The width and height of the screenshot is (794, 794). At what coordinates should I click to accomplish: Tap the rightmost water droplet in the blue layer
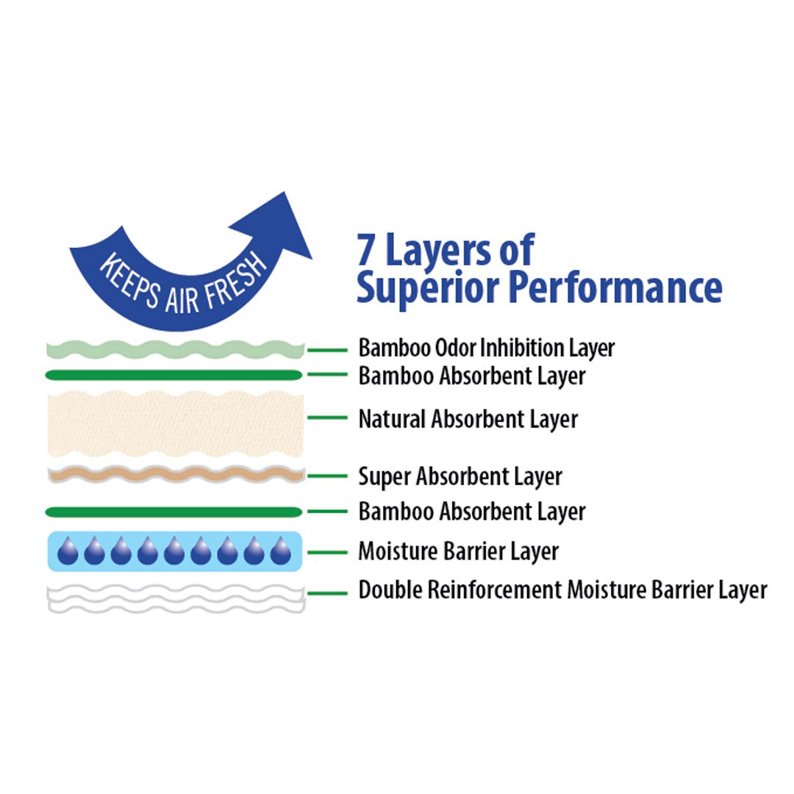click(x=280, y=551)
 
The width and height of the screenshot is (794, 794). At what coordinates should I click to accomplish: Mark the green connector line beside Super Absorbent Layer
click(x=327, y=476)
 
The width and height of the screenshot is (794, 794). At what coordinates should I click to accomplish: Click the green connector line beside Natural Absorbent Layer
click(x=327, y=418)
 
